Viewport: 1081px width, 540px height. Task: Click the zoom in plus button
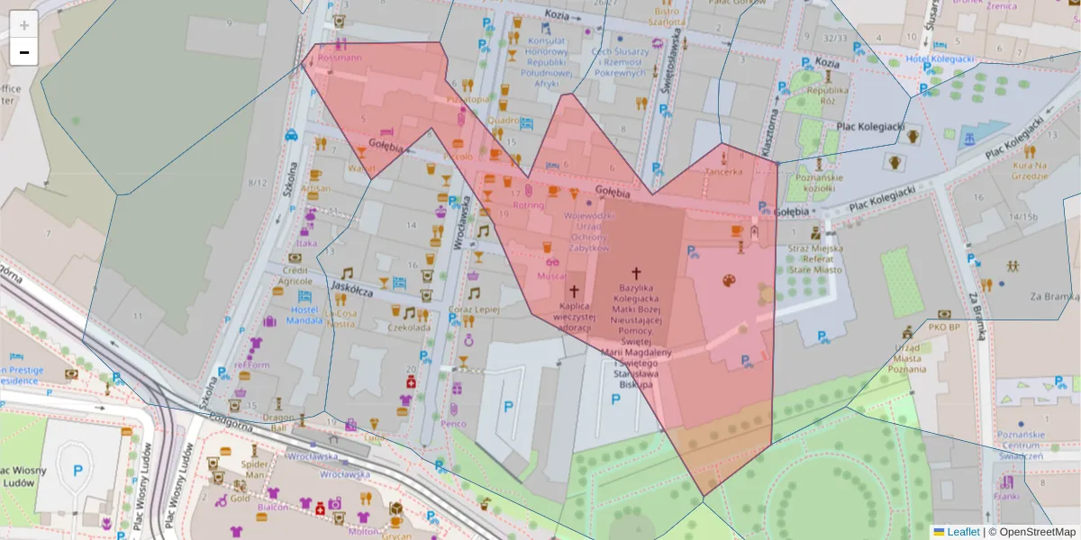(24, 25)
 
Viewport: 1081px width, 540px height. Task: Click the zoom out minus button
(24, 52)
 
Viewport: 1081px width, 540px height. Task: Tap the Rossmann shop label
(340, 58)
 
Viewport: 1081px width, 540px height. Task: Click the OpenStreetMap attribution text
(1031, 532)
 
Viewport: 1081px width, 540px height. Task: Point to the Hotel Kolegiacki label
(940, 59)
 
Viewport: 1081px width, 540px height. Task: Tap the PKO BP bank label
(944, 328)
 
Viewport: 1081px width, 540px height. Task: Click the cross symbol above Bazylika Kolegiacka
(636, 273)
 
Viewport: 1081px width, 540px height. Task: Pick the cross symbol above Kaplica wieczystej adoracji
(574, 291)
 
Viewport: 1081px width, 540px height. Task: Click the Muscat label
(552, 275)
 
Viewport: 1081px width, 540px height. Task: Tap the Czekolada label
(408, 328)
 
